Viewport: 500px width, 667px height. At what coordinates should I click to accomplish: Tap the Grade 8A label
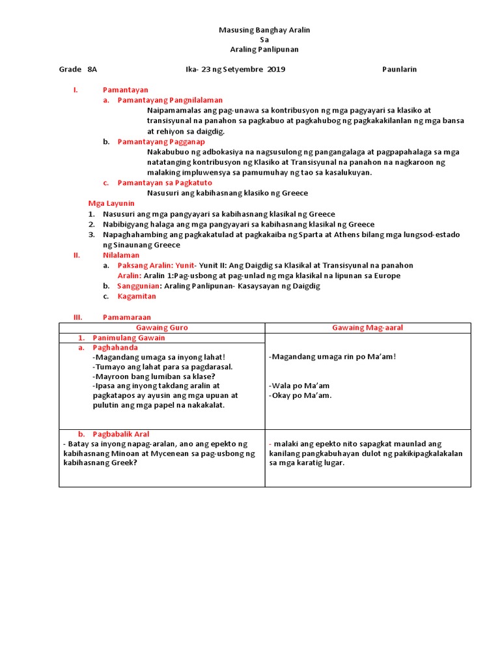tap(78, 69)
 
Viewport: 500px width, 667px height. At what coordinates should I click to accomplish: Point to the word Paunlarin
tap(399, 69)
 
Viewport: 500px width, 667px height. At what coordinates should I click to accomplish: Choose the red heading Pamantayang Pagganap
tap(161, 141)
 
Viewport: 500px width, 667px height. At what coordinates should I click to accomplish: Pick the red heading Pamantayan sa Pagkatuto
tap(163, 183)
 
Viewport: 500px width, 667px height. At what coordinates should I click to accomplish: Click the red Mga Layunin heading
tap(111, 203)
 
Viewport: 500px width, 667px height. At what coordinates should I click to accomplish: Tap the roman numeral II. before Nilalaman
tap(76, 255)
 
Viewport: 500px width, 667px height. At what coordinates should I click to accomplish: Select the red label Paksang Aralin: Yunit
tap(151, 265)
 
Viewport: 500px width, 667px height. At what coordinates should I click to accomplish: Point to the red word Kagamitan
tap(137, 296)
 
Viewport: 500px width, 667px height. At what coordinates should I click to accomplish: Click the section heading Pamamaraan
tap(126, 317)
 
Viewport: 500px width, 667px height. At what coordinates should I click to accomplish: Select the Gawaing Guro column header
tap(161, 328)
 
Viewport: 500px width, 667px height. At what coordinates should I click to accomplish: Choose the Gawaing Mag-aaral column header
tap(367, 328)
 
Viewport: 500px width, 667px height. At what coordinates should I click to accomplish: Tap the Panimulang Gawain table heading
tap(129, 338)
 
